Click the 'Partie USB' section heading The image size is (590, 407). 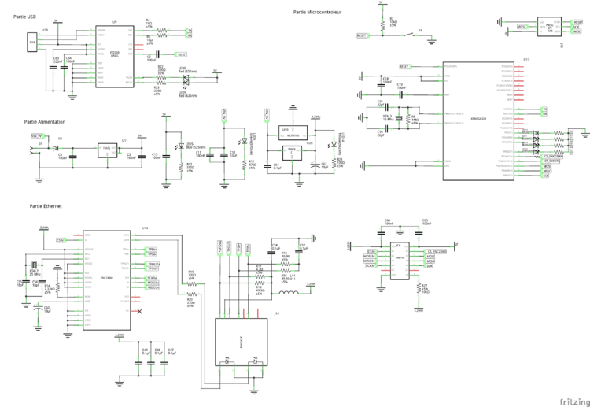point(24,17)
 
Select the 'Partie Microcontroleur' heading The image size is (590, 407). point(318,13)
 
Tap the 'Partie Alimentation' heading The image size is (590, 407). point(45,123)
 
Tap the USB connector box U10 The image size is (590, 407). point(32,43)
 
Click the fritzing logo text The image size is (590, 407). point(572,400)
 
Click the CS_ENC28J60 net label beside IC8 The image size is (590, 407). point(437,251)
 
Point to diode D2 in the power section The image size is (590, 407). point(55,147)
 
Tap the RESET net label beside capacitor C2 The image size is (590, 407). point(182,54)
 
